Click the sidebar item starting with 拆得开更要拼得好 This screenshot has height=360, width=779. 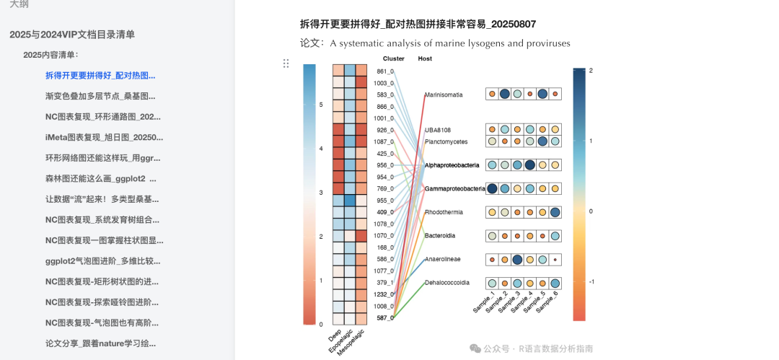click(100, 75)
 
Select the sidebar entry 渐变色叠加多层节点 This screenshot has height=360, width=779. click(100, 96)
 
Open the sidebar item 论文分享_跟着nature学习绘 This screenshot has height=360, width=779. click(100, 343)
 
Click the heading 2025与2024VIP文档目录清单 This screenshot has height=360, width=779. click(72, 35)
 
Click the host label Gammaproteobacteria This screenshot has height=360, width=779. click(455, 188)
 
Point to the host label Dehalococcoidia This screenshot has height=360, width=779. click(447, 282)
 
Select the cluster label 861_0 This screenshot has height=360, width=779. click(385, 71)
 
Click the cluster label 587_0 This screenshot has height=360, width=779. click(385, 317)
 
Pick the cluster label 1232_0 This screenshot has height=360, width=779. click(384, 294)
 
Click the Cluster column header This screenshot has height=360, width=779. click(394, 58)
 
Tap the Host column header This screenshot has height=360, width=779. click(425, 58)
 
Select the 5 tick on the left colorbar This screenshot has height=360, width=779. click(321, 105)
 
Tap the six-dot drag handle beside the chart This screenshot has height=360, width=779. click(286, 63)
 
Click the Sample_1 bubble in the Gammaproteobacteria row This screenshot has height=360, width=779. click(492, 188)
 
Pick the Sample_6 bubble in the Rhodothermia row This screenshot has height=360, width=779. click(555, 212)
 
